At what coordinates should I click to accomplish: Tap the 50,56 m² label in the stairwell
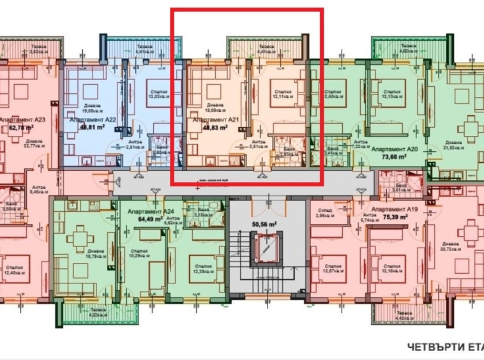click(x=263, y=224)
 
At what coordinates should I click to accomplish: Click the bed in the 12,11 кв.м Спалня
click(x=279, y=92)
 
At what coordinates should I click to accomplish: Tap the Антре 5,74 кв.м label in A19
click(x=370, y=218)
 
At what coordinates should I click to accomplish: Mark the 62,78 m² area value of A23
click(x=20, y=127)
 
